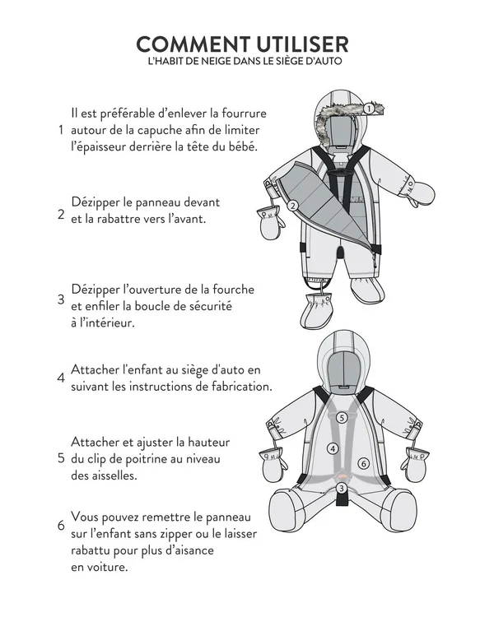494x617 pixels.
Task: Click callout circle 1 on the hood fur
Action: click(x=369, y=108)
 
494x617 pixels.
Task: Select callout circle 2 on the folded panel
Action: click(x=292, y=206)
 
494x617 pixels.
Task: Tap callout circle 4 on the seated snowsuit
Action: click(x=333, y=448)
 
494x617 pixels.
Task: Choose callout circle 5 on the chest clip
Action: click(x=341, y=418)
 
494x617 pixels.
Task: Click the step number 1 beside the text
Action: click(x=60, y=130)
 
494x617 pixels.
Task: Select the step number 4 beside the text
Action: click(x=60, y=378)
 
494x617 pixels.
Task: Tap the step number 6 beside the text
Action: click(x=60, y=526)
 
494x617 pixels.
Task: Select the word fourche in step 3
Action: click(x=231, y=290)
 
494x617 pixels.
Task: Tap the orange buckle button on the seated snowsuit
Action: click(x=341, y=475)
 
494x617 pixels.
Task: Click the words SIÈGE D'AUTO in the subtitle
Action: click(x=308, y=62)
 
